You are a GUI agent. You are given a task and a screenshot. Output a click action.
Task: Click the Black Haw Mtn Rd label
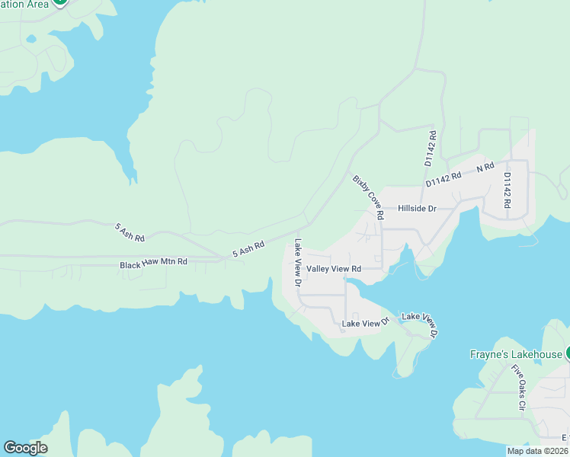click(x=153, y=263)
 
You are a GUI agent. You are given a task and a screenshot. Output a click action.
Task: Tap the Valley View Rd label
click(x=333, y=269)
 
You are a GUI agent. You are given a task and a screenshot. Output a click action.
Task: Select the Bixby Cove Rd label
click(x=368, y=197)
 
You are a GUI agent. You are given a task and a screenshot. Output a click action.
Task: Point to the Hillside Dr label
click(x=416, y=208)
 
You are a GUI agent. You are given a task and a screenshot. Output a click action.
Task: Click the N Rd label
click(x=485, y=167)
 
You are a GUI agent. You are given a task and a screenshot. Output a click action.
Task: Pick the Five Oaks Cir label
click(x=518, y=388)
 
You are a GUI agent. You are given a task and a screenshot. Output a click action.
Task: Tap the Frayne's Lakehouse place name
click(x=515, y=354)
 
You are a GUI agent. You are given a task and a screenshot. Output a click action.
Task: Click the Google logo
click(x=25, y=448)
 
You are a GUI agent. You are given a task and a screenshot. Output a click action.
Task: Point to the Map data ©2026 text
click(x=538, y=451)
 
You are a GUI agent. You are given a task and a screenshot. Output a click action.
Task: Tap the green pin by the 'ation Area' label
click(x=59, y=2)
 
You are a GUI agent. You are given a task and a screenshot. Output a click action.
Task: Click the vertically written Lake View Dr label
click(x=298, y=263)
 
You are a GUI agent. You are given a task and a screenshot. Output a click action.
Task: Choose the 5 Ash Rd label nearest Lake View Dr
click(x=248, y=248)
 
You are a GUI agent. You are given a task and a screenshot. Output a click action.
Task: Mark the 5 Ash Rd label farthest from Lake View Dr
click(x=130, y=232)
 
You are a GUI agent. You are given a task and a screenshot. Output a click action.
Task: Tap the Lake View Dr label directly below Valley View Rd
click(x=365, y=324)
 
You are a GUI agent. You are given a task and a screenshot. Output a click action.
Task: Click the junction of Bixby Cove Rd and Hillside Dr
click(x=381, y=208)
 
